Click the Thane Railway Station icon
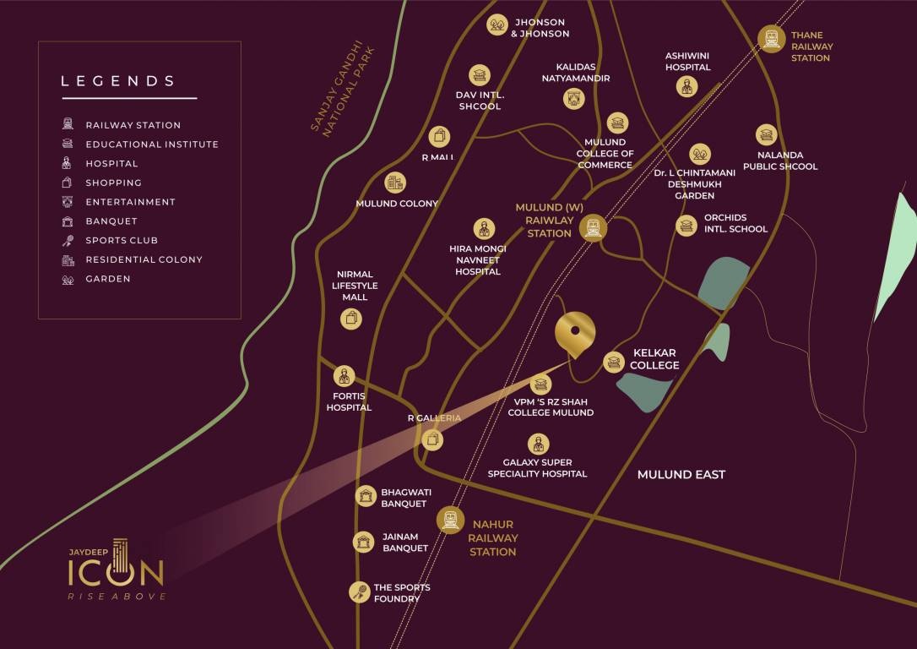[x=771, y=39]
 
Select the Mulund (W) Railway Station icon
[x=594, y=226]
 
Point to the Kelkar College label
[x=654, y=359]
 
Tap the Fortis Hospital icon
[x=344, y=377]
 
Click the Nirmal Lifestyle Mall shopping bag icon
[x=351, y=319]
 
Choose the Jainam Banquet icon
[x=364, y=542]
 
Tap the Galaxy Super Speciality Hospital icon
[x=537, y=444]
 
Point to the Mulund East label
[x=681, y=475]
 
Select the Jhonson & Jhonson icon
[x=497, y=25]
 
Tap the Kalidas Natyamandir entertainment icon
[x=574, y=99]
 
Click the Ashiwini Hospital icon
[x=686, y=85]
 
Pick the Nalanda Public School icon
[x=766, y=135]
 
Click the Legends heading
[x=118, y=81]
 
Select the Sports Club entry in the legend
[x=122, y=240]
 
